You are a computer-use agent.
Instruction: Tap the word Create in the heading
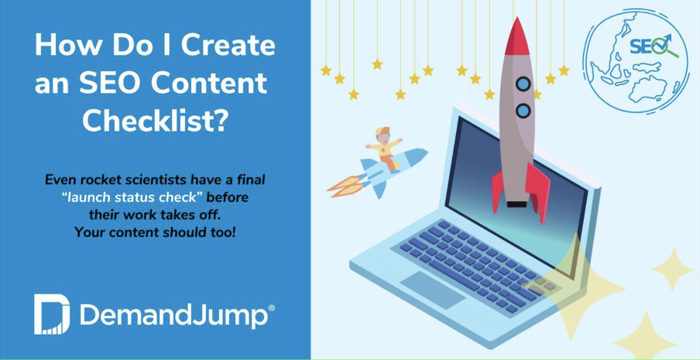point(233,45)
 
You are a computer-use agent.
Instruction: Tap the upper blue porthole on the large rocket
point(523,82)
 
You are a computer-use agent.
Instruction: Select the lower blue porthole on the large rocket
point(523,110)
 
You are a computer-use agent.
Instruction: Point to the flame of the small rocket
point(343,183)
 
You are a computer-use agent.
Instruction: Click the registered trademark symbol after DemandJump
point(270,309)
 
